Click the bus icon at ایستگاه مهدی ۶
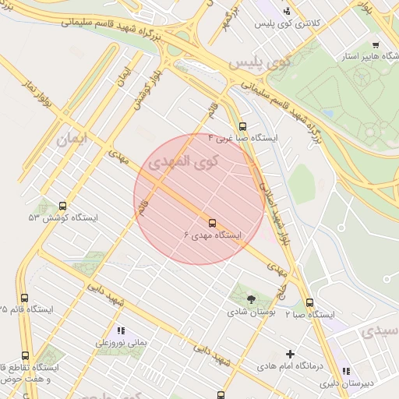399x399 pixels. pyautogui.click(x=212, y=221)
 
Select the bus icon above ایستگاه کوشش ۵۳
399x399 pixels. pyautogui.click(x=63, y=206)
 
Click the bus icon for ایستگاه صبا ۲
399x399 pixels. pyautogui.click(x=309, y=302)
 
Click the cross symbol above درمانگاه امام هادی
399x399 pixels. pyautogui.click(x=291, y=353)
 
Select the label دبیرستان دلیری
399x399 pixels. pyautogui.click(x=370, y=383)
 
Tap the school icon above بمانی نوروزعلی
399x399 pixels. pyautogui.click(x=120, y=330)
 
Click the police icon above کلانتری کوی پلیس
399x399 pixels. pyautogui.click(x=287, y=11)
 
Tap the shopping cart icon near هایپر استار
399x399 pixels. pyautogui.click(x=376, y=45)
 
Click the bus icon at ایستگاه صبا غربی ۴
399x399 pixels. pyautogui.click(x=242, y=125)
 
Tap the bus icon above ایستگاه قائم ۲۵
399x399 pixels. pyautogui.click(x=24, y=298)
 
